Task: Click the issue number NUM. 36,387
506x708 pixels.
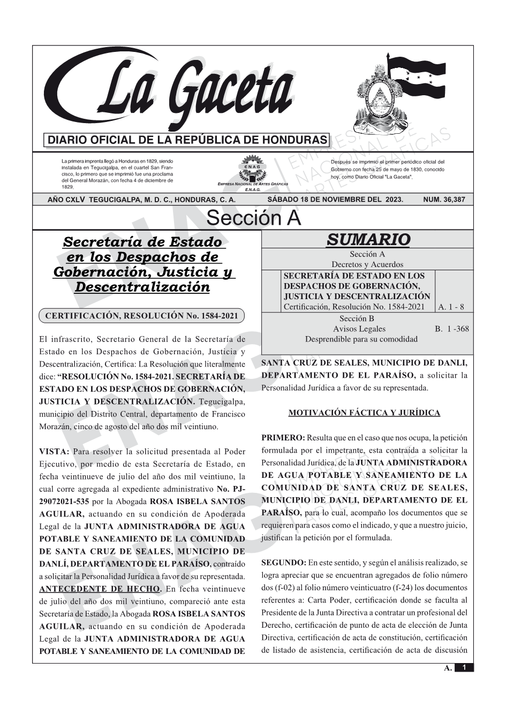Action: pyautogui.click(x=444, y=200)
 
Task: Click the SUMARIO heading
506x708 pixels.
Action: pyautogui.click(x=368, y=240)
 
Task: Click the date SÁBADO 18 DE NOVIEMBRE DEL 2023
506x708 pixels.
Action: pyautogui.click(x=335, y=200)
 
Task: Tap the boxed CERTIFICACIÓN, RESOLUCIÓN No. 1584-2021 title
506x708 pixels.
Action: pyautogui.click(x=141, y=316)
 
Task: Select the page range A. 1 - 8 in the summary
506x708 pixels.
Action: pyautogui.click(x=451, y=307)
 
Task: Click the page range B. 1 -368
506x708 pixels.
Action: pyautogui.click(x=451, y=329)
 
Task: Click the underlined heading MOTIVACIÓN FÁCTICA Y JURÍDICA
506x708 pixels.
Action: pyautogui.click(x=364, y=413)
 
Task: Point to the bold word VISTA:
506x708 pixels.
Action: pyautogui.click(x=54, y=452)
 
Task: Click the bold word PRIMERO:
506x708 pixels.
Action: pyautogui.click(x=283, y=438)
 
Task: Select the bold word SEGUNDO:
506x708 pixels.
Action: pyautogui.click(x=284, y=562)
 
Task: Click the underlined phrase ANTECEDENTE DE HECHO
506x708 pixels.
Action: pyautogui.click(x=100, y=589)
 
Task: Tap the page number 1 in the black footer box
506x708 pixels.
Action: pyautogui.click(x=464, y=667)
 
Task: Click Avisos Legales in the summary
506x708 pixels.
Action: pyautogui.click(x=359, y=329)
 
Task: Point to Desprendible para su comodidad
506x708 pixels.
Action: pyautogui.click(x=361, y=339)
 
